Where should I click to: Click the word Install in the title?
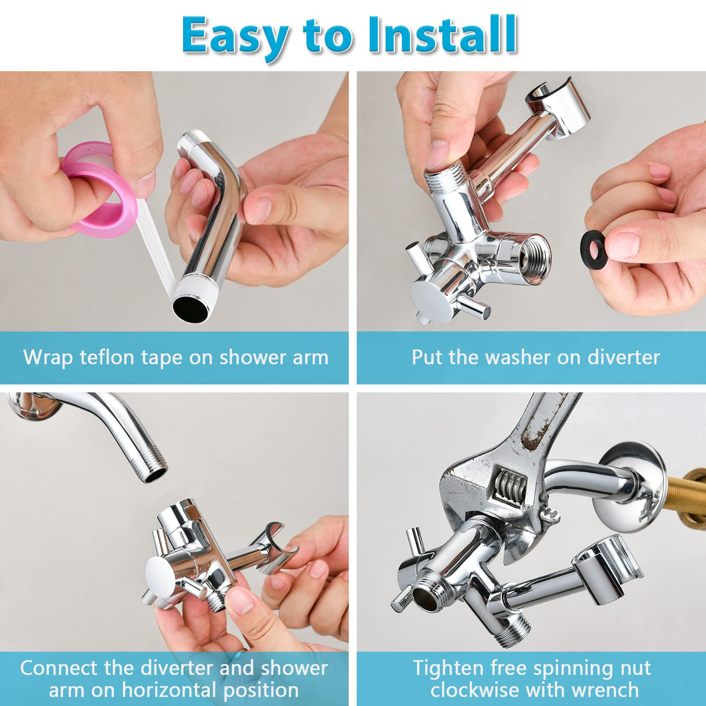pyautogui.click(x=443, y=35)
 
